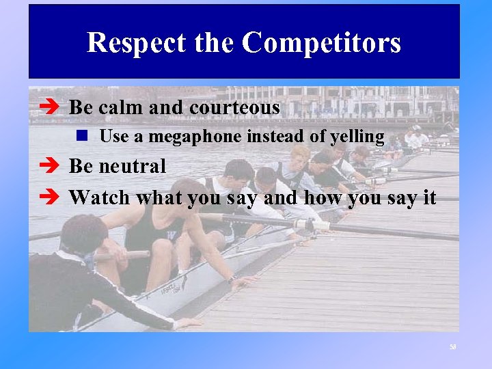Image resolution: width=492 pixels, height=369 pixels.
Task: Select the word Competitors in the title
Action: [x=321, y=43]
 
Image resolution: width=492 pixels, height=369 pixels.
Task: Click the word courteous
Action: [x=234, y=108]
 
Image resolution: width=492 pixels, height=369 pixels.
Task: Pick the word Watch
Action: [x=100, y=198]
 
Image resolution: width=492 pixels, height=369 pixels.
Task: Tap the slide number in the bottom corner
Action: [x=452, y=347]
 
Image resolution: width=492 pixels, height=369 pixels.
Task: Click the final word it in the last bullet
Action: [x=428, y=198]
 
